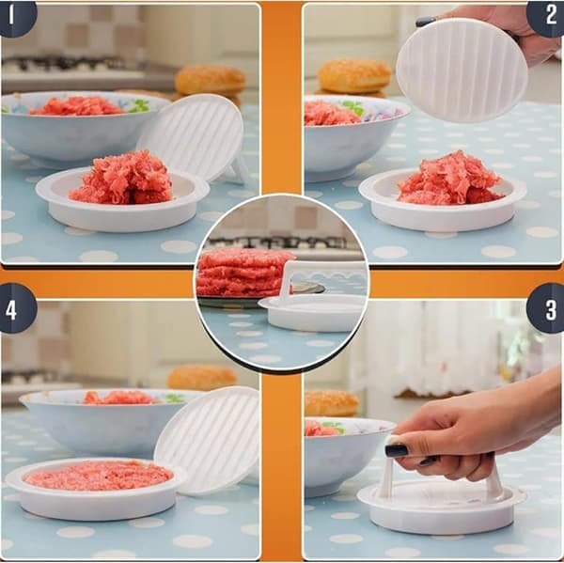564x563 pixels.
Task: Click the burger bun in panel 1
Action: coord(211,81)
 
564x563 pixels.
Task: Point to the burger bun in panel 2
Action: coord(354,77)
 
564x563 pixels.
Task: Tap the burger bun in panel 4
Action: coord(202,378)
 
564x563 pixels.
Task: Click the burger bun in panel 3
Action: coord(331,403)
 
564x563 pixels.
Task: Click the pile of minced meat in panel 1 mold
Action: coord(122,178)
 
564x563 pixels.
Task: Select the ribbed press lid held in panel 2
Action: coord(462,70)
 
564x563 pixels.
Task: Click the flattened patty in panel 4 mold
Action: coord(98,476)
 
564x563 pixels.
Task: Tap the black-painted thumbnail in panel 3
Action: coord(397,450)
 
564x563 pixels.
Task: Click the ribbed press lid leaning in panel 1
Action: coord(195,138)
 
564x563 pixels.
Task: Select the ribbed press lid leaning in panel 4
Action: coord(209,441)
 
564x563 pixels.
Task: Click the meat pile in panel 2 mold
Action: coord(449,178)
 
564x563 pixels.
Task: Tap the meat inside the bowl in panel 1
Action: coord(77,106)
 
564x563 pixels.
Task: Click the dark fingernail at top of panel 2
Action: coord(426,22)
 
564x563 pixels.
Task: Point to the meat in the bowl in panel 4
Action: coord(118,398)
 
